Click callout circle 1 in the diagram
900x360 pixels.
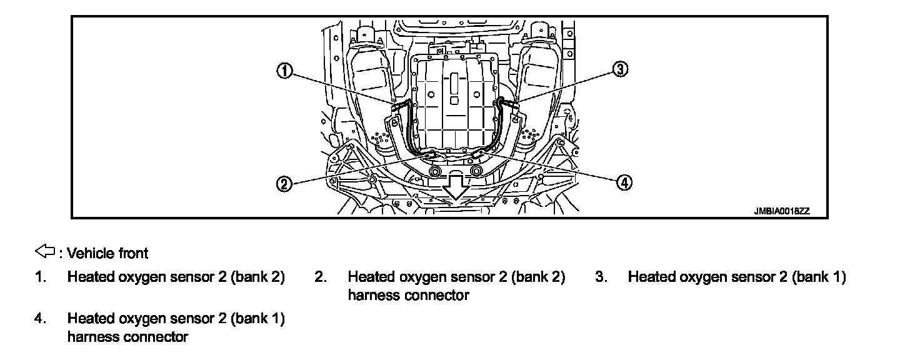tap(284, 71)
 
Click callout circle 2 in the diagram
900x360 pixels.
tap(284, 183)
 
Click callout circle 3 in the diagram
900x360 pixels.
tap(619, 70)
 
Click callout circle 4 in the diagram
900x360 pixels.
tap(623, 182)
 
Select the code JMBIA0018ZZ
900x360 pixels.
tap(781, 211)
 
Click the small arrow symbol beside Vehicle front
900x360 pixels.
tap(46, 252)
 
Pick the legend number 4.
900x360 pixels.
tap(39, 319)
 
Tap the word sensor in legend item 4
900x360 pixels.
tap(193, 319)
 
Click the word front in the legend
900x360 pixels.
tap(134, 253)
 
